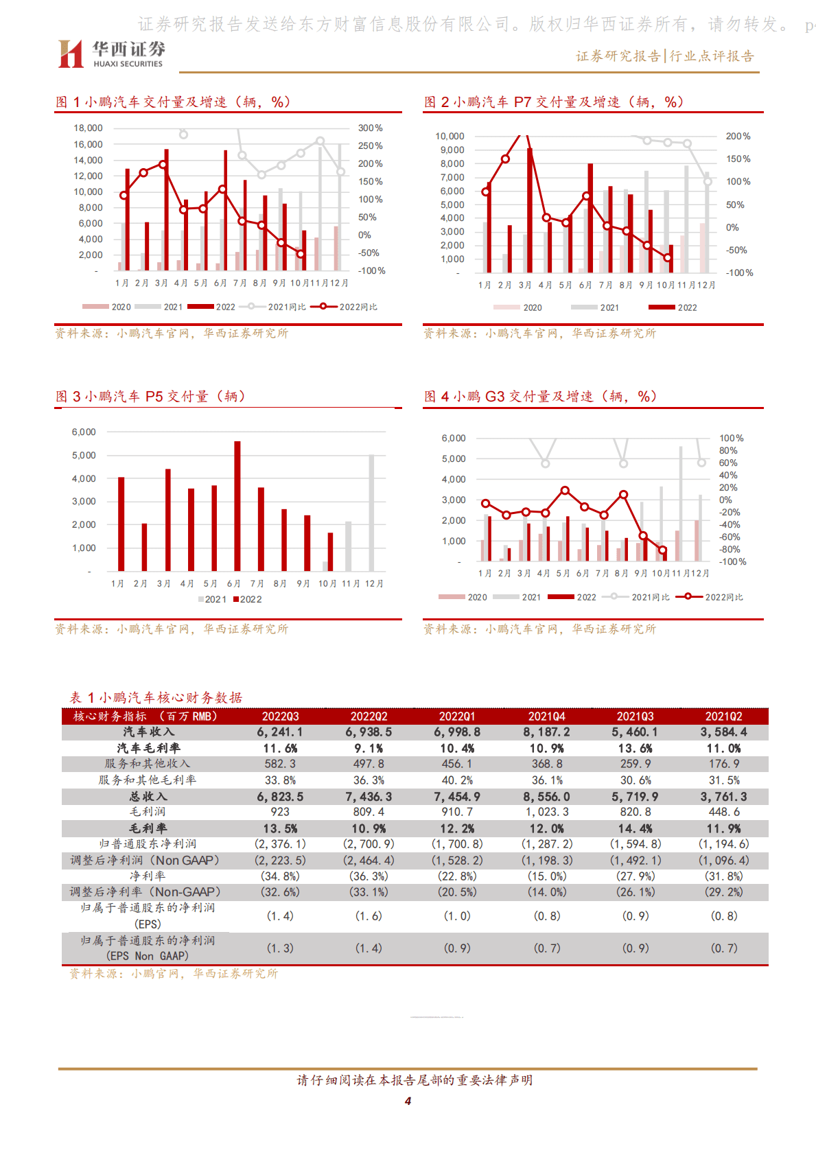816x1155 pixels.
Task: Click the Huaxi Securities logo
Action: point(111,54)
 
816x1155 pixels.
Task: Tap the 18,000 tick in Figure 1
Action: point(88,128)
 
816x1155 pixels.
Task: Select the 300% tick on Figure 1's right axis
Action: point(371,128)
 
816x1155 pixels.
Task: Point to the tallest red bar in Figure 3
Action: point(237,506)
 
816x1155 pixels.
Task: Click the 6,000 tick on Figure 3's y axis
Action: point(84,432)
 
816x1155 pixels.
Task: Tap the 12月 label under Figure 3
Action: point(374,584)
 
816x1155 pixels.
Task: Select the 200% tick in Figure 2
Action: point(738,137)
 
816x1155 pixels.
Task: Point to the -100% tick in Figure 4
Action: point(732,562)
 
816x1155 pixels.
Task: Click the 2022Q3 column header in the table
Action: point(280,716)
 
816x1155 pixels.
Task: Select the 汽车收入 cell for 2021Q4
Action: point(546,732)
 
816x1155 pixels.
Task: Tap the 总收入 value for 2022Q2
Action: point(369,797)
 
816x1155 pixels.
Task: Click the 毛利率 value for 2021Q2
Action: point(723,828)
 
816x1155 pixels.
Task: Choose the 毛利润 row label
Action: point(148,812)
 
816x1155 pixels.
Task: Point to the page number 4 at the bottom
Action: point(408,1101)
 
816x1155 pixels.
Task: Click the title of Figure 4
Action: point(540,397)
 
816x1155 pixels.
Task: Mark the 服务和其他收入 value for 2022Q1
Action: point(457,764)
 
